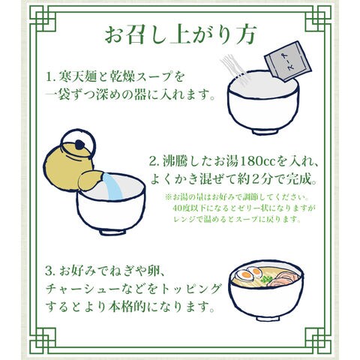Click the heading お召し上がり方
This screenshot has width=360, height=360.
180,34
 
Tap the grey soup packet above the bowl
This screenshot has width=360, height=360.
287,61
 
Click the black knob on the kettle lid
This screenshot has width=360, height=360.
79,145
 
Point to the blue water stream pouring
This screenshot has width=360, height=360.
113,187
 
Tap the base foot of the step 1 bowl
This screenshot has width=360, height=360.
265,131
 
